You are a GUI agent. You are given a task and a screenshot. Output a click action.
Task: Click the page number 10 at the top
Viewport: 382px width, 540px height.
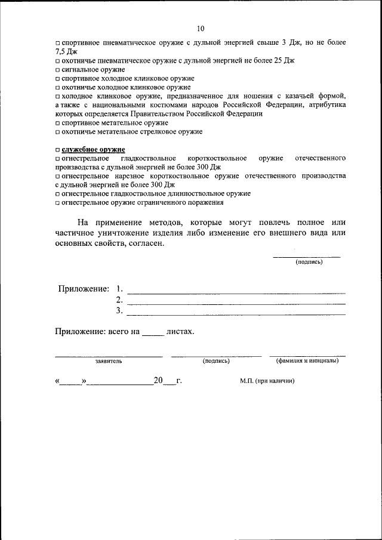click(x=200, y=28)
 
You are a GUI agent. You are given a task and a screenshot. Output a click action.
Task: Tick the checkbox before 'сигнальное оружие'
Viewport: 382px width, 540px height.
click(x=57, y=70)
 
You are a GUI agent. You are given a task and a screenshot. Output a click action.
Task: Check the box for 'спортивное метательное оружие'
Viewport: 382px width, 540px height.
click(x=57, y=122)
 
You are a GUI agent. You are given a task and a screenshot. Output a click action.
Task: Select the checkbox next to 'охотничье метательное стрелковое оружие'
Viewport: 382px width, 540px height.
click(x=57, y=131)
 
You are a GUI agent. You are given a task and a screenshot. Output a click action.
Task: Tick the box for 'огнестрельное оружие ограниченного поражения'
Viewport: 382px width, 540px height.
click(x=57, y=203)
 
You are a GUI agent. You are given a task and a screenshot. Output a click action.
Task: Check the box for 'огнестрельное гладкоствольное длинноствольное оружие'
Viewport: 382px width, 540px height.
click(x=57, y=194)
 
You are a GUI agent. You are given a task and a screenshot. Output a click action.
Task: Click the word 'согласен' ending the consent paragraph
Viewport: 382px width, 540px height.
click(x=144, y=243)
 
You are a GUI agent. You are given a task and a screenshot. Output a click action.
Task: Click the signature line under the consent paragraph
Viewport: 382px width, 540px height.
click(x=306, y=256)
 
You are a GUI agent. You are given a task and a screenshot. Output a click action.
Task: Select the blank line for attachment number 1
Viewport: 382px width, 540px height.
click(x=236, y=292)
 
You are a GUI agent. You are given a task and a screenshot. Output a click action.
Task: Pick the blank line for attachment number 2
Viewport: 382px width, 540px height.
click(x=236, y=303)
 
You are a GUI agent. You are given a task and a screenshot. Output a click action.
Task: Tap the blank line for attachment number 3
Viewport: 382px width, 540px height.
click(x=236, y=314)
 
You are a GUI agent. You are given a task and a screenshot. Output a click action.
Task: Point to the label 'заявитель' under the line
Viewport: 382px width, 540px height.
click(x=109, y=362)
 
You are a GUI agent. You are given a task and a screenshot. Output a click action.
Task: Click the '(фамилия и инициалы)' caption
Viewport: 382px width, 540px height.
click(x=307, y=361)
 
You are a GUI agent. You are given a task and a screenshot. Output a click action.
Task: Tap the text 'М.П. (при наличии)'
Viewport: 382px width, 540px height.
click(x=267, y=381)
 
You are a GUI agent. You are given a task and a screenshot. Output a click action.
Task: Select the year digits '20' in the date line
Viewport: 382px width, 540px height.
click(x=158, y=380)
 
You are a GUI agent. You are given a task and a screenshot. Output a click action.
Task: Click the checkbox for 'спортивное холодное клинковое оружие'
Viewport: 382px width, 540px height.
click(x=57, y=79)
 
